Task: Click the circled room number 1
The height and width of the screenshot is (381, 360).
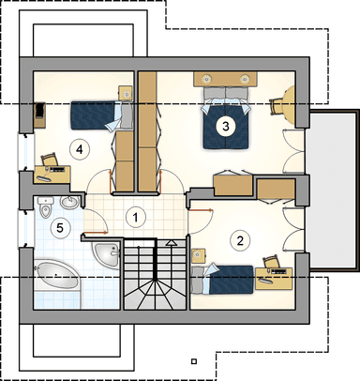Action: pos(136,218)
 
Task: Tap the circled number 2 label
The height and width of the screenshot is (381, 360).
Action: pos(240,240)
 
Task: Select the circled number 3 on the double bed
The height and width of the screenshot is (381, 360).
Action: pos(226,127)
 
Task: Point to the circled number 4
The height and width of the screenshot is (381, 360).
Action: pos(80,149)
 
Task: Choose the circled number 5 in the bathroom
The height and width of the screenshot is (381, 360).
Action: pos(60,228)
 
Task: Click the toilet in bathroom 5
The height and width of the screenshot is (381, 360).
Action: pos(45,207)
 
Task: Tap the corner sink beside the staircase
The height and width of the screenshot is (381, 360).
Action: pos(107,254)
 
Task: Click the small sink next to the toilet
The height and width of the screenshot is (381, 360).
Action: pos(69,202)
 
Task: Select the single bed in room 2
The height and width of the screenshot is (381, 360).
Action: pos(222,280)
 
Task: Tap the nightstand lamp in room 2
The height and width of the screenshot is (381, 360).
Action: pos(197,256)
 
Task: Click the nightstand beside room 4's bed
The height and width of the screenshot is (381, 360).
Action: pos(127,93)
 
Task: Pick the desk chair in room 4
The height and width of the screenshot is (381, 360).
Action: pos(50,159)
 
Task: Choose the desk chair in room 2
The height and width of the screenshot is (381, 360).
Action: pos(271,262)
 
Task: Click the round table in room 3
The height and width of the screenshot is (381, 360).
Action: pos(289,104)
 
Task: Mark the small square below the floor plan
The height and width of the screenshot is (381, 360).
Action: pos(194,361)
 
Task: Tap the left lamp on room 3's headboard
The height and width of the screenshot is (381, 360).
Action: pos(206,79)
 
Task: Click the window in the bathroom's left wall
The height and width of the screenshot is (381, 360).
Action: pos(23,228)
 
